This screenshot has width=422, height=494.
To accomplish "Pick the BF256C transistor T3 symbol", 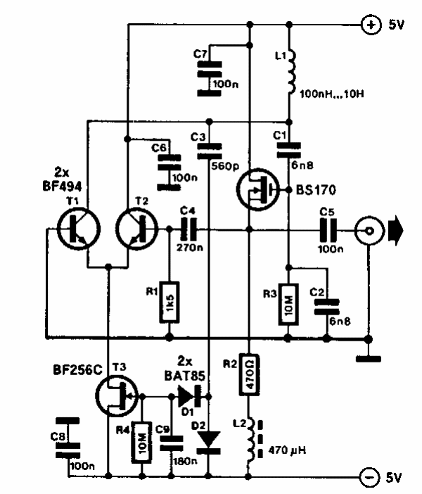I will (x=115, y=396).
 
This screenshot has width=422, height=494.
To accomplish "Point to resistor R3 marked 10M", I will (x=288, y=303).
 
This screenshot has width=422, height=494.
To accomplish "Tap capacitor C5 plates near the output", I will (x=328, y=229).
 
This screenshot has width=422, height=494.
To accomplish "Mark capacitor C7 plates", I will (x=208, y=75).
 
